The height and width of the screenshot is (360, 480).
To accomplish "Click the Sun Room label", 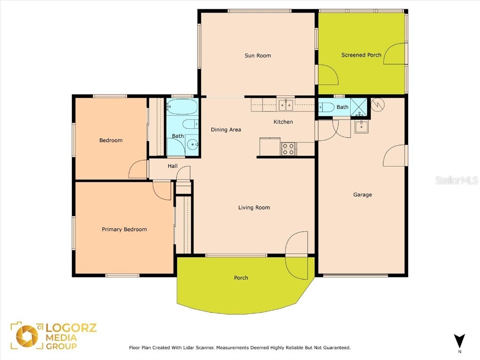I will click(x=258, y=56).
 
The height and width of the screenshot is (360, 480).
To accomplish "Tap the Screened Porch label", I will click(x=361, y=55).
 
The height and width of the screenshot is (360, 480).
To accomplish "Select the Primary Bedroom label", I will click(x=124, y=230).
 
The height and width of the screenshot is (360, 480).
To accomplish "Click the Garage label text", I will click(x=362, y=195).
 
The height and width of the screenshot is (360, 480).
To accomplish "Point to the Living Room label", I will click(x=254, y=208).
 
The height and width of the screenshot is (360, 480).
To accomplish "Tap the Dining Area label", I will click(x=226, y=130).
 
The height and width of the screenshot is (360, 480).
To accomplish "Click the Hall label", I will click(x=173, y=166).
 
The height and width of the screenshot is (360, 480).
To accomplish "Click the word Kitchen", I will click(x=283, y=122).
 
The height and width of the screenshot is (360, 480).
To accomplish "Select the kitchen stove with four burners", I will click(x=288, y=149).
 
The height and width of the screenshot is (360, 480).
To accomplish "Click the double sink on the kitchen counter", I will click(x=286, y=105).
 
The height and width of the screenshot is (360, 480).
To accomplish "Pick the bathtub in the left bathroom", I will click(x=182, y=107).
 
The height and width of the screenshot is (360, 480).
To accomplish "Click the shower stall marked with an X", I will click(x=360, y=107).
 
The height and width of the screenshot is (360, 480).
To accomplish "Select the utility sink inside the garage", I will click(x=361, y=127).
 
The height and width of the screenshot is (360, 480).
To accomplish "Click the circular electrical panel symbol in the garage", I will click(x=377, y=105).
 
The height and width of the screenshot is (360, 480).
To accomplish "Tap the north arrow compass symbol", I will click(x=459, y=341).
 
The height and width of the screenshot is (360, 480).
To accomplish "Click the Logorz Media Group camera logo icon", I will click(x=27, y=336).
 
